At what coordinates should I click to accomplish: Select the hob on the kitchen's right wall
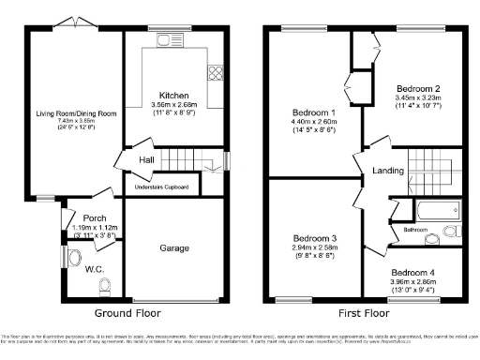coord(216,71)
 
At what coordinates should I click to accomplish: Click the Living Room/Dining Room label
coord(77,113)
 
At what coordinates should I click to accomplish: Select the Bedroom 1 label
coord(310,112)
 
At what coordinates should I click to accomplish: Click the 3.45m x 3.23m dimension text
coord(422,97)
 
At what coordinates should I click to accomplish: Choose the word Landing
coord(387,170)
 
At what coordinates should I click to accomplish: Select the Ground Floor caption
coord(128,312)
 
